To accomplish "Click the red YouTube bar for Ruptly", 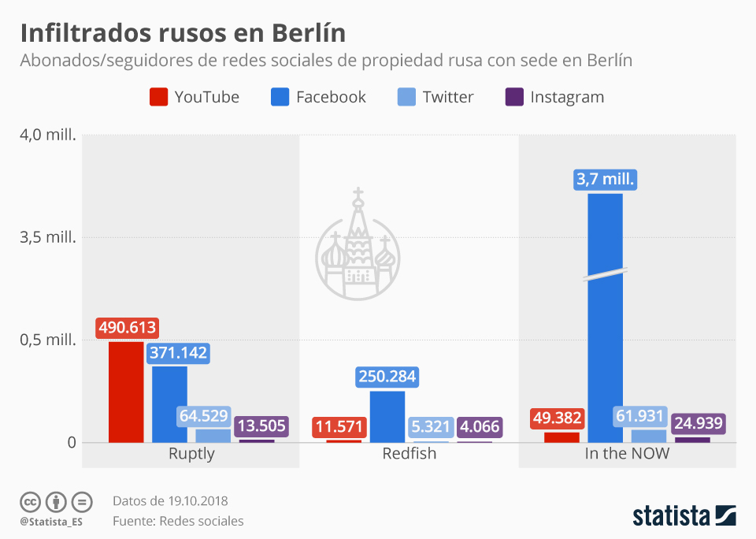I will coord(126,392).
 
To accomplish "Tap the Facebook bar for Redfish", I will coord(387,417).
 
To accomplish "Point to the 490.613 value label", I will coord(127,328).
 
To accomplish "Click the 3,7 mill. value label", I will coord(605,180).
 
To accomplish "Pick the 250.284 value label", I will coord(387,377).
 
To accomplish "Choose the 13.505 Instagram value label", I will coord(261,426).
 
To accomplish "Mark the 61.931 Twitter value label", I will coord(639,417).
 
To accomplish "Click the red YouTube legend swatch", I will coord(158,97).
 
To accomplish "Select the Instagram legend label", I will coord(567,97).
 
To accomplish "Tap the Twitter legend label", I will coord(447,97).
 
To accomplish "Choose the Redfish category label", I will coord(409,454).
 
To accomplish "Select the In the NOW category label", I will coord(627,454).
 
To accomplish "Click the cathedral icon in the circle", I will coord(358,245).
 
